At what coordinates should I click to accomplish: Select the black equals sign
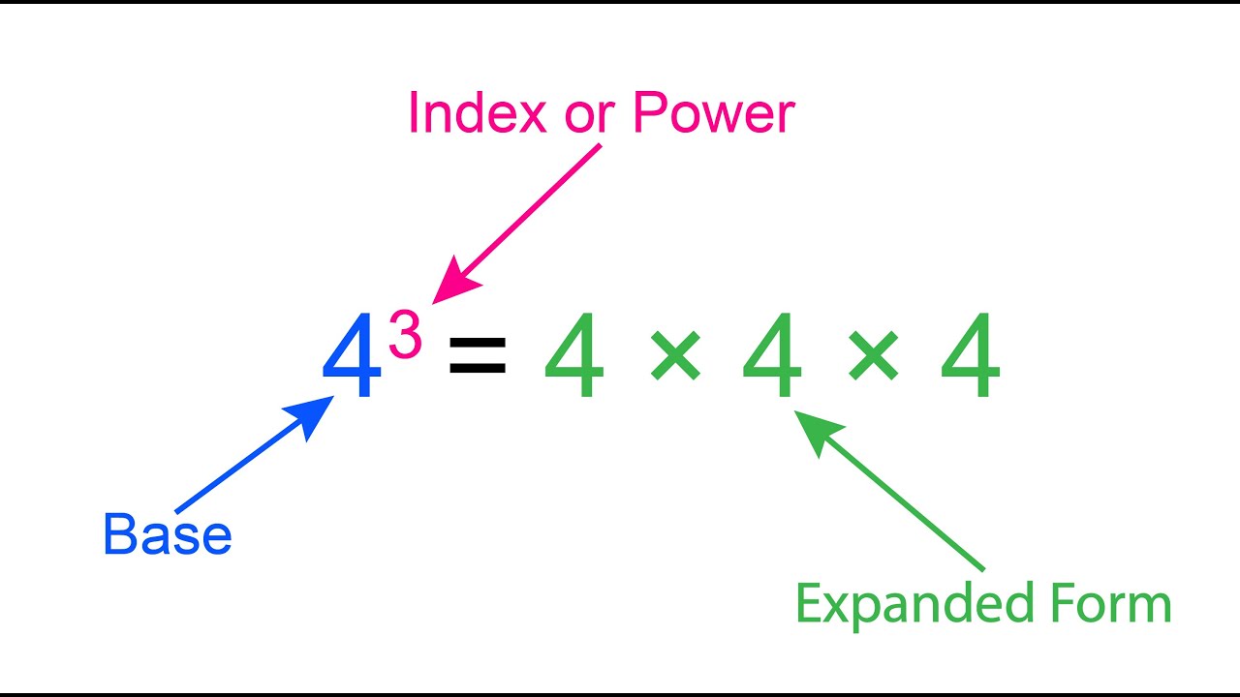[478, 355]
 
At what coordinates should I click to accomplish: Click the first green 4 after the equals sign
[574, 356]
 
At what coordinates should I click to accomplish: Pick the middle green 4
[772, 356]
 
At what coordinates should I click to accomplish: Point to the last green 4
[970, 356]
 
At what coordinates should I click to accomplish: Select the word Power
[713, 113]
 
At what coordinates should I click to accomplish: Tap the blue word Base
[167, 534]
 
